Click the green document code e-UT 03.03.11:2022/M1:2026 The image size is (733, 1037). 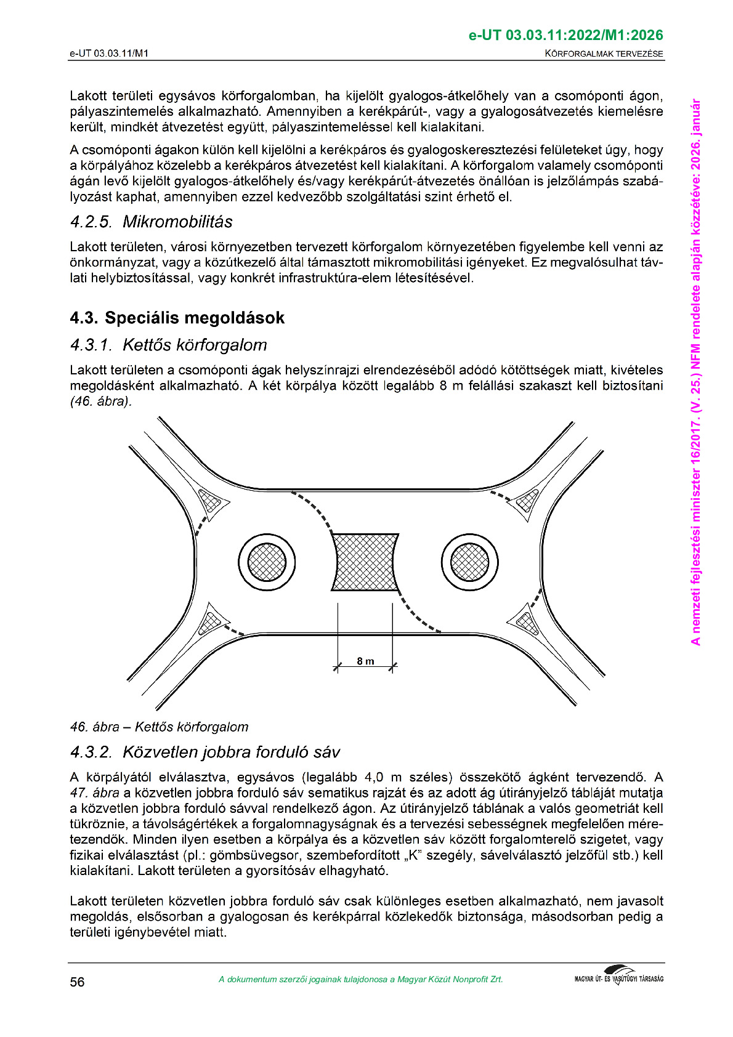[x=565, y=35]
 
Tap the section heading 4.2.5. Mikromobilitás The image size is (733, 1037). [x=152, y=222]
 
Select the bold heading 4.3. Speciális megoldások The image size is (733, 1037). [x=177, y=318]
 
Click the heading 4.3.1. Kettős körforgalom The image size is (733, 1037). [x=169, y=345]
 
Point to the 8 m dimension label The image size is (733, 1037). [x=365, y=661]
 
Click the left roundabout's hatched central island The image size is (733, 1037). [x=267, y=562]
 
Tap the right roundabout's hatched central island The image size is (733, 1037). [x=469, y=562]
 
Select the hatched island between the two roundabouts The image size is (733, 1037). [x=365, y=562]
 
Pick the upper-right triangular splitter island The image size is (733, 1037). [x=527, y=500]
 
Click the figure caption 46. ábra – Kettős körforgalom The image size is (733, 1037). [x=159, y=727]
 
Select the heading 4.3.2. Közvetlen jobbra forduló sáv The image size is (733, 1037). [x=205, y=752]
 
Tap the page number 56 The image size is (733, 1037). [x=77, y=982]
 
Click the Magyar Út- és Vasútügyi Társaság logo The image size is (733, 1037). [x=618, y=977]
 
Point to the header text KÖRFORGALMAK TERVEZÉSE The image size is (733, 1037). [x=604, y=54]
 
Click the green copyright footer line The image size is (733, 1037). [x=360, y=980]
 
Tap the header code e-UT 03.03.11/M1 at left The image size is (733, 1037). [x=109, y=54]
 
